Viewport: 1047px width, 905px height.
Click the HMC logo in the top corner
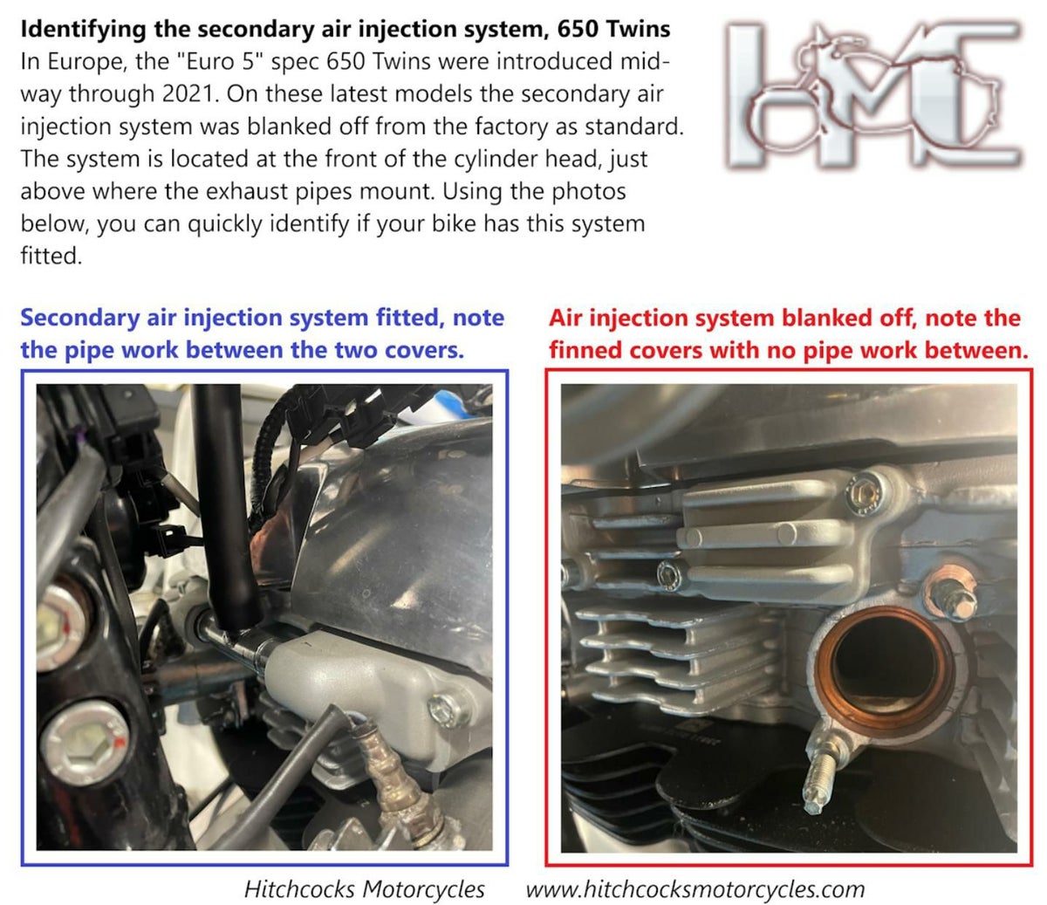point(872,95)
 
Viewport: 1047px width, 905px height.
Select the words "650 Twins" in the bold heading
point(613,29)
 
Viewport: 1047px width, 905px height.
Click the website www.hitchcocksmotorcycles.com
point(695,889)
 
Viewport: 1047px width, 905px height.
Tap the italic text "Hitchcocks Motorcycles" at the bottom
point(364,889)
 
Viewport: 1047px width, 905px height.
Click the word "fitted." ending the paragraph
point(51,256)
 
